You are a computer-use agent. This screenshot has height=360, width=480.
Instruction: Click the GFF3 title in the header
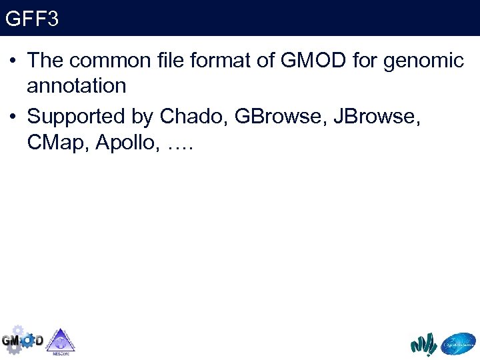pos(32,18)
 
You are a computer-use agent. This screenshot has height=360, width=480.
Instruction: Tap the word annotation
pos(77,86)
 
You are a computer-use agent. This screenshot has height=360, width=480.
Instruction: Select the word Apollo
pos(125,142)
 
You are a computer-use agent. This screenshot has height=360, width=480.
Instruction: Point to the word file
pos(175,61)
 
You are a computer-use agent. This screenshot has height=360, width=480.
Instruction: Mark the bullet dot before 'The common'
pos(13,61)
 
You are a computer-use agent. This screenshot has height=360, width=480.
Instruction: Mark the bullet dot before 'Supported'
pos(13,117)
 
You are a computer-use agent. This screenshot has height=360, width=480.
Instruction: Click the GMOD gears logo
pos(21,341)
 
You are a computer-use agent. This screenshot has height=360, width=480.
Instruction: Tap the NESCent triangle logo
pos(61,341)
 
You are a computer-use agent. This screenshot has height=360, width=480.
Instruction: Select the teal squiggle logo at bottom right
pos(423,344)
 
